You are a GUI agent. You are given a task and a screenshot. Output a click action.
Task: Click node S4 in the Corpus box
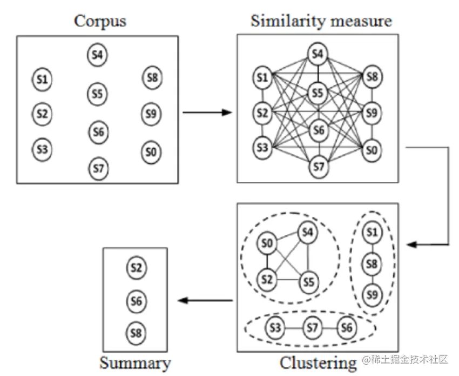pos(97,55)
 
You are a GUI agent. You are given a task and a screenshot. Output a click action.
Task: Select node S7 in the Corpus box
pos(98,169)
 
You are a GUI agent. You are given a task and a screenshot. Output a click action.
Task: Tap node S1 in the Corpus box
pos(43,80)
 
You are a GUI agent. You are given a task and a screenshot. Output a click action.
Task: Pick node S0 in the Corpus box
pos(152,152)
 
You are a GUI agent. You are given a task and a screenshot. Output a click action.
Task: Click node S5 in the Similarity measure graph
pos(318,93)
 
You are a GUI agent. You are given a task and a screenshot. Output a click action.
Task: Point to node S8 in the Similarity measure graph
pos(372,77)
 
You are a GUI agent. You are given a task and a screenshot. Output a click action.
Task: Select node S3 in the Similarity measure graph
pos(262,148)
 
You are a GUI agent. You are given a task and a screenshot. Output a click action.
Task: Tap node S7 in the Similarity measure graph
pos(319,167)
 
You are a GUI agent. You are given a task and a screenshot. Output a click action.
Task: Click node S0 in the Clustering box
pos(266,243)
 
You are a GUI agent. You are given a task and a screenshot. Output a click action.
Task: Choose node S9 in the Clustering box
pos(372,295)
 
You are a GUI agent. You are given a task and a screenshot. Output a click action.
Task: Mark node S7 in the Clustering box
pos(312,328)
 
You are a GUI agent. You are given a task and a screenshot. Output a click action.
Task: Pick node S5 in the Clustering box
pos(308,281)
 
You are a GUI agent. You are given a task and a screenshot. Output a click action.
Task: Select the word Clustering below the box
pos(318,362)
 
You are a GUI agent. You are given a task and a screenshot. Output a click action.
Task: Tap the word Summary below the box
pos(135,362)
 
